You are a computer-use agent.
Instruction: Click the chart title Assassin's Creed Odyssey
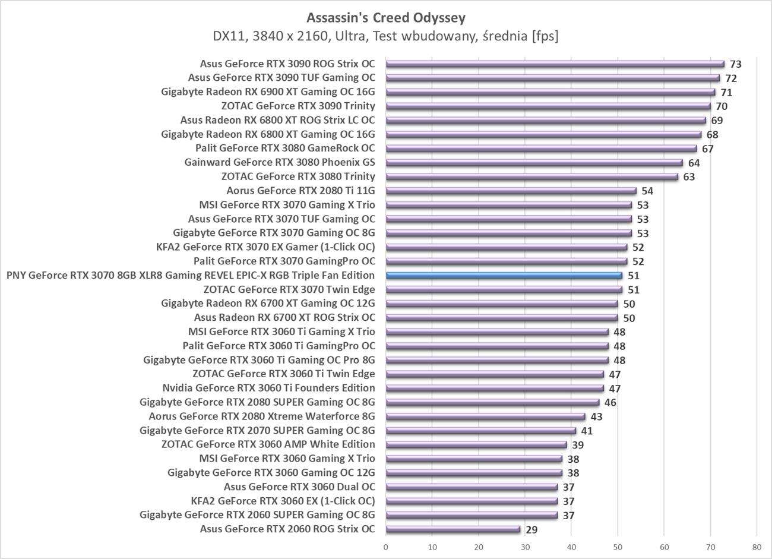pyautogui.click(x=386, y=17)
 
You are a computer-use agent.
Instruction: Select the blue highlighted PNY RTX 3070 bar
pyautogui.click(x=504, y=276)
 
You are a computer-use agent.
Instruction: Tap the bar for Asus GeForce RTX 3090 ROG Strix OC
pyautogui.click(x=555, y=64)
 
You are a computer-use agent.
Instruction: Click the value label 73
pyautogui.click(x=736, y=64)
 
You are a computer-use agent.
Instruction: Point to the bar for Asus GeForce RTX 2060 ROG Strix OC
pyautogui.click(x=453, y=529)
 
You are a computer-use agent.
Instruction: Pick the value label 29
pyautogui.click(x=531, y=530)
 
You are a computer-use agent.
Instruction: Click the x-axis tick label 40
pyautogui.click(x=571, y=547)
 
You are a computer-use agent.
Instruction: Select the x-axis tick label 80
pyautogui.click(x=756, y=547)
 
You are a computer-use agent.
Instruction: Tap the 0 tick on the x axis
pyautogui.click(x=386, y=547)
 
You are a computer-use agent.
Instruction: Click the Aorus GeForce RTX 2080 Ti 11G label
pyautogui.click(x=300, y=191)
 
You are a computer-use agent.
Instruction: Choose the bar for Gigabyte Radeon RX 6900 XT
pyautogui.click(x=550, y=92)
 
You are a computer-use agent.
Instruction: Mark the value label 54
pyautogui.click(x=647, y=191)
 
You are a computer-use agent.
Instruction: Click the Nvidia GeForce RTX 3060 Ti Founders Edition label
pyautogui.click(x=268, y=388)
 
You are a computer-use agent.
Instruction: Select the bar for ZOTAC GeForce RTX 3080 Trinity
pyautogui.click(x=532, y=176)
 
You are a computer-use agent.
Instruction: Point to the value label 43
pyautogui.click(x=596, y=417)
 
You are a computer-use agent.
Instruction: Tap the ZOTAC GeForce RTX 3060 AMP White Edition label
pyautogui.click(x=268, y=444)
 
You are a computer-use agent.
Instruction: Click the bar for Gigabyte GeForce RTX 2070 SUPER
pyautogui.click(x=481, y=431)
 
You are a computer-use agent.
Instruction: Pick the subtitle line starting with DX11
pyautogui.click(x=386, y=36)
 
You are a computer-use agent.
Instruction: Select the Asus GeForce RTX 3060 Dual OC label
pyautogui.click(x=299, y=487)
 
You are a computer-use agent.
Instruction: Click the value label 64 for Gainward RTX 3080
pyautogui.click(x=694, y=163)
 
